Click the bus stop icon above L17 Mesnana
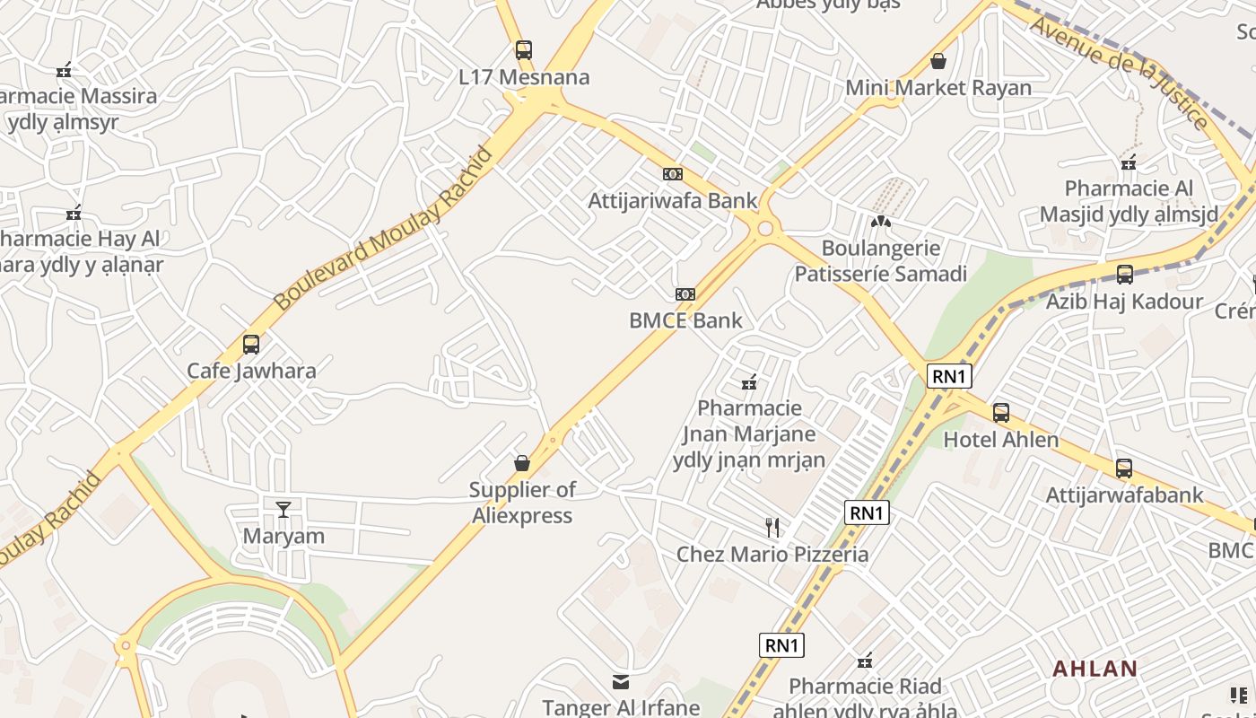[524, 50]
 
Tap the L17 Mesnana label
[524, 77]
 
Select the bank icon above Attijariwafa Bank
[673, 174]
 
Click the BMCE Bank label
[685, 320]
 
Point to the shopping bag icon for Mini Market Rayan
[938, 61]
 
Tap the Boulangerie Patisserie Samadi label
[881, 261]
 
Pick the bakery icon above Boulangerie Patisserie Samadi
[881, 221]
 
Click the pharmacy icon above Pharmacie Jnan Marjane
[749, 382]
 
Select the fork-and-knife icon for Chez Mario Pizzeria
[772, 527]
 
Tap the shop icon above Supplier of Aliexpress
[522, 463]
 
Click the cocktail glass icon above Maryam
[283, 510]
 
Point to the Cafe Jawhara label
[251, 371]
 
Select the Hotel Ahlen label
[1001, 440]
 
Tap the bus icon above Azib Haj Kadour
[1124, 275]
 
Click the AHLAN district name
[1095, 669]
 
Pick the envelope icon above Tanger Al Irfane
[621, 682]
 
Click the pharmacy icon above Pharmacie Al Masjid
[1129, 162]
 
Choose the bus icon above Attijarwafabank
[1124, 468]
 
